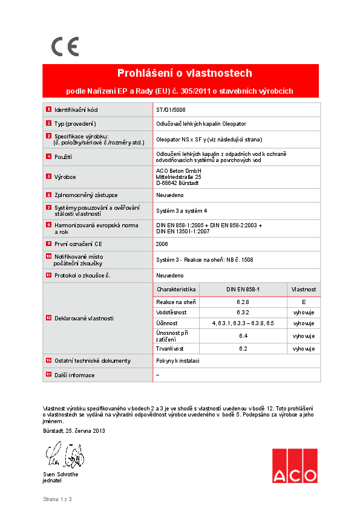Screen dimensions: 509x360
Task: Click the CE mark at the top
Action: [x=65, y=47]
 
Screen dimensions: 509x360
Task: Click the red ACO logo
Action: [x=294, y=465]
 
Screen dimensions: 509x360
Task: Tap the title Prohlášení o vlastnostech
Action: [x=185, y=74]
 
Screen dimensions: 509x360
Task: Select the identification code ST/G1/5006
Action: [x=171, y=110]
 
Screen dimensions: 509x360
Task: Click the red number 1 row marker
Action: [x=48, y=110]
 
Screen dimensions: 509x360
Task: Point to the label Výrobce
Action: [x=65, y=177]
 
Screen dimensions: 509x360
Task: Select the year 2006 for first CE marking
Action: [x=162, y=243]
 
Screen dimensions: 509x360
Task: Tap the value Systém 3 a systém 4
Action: [x=182, y=210]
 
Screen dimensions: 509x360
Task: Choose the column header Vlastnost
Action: [x=304, y=290]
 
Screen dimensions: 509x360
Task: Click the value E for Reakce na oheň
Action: [x=304, y=301]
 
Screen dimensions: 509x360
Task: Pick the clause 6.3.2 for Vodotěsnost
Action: [x=243, y=313]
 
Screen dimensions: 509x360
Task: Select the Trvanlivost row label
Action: [x=171, y=349]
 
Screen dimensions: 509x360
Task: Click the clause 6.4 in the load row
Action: [x=243, y=336]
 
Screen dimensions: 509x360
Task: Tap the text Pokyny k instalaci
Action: [x=178, y=361]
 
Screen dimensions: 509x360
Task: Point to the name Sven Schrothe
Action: [x=61, y=475]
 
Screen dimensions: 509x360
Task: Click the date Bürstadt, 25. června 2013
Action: [x=74, y=431]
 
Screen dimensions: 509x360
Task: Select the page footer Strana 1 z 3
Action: [x=57, y=499]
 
